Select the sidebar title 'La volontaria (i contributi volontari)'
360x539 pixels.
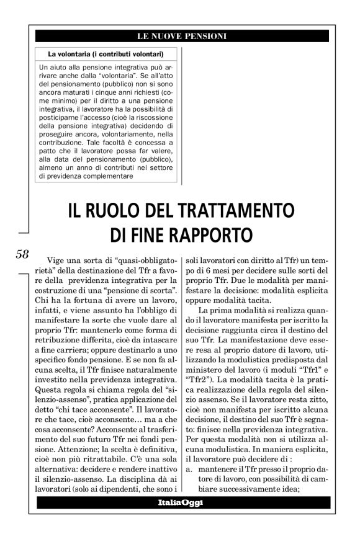pos(106,54)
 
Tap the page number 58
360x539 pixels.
pos(22,254)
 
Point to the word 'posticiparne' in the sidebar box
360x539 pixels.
pos(61,116)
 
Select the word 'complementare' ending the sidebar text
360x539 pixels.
pos(104,176)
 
